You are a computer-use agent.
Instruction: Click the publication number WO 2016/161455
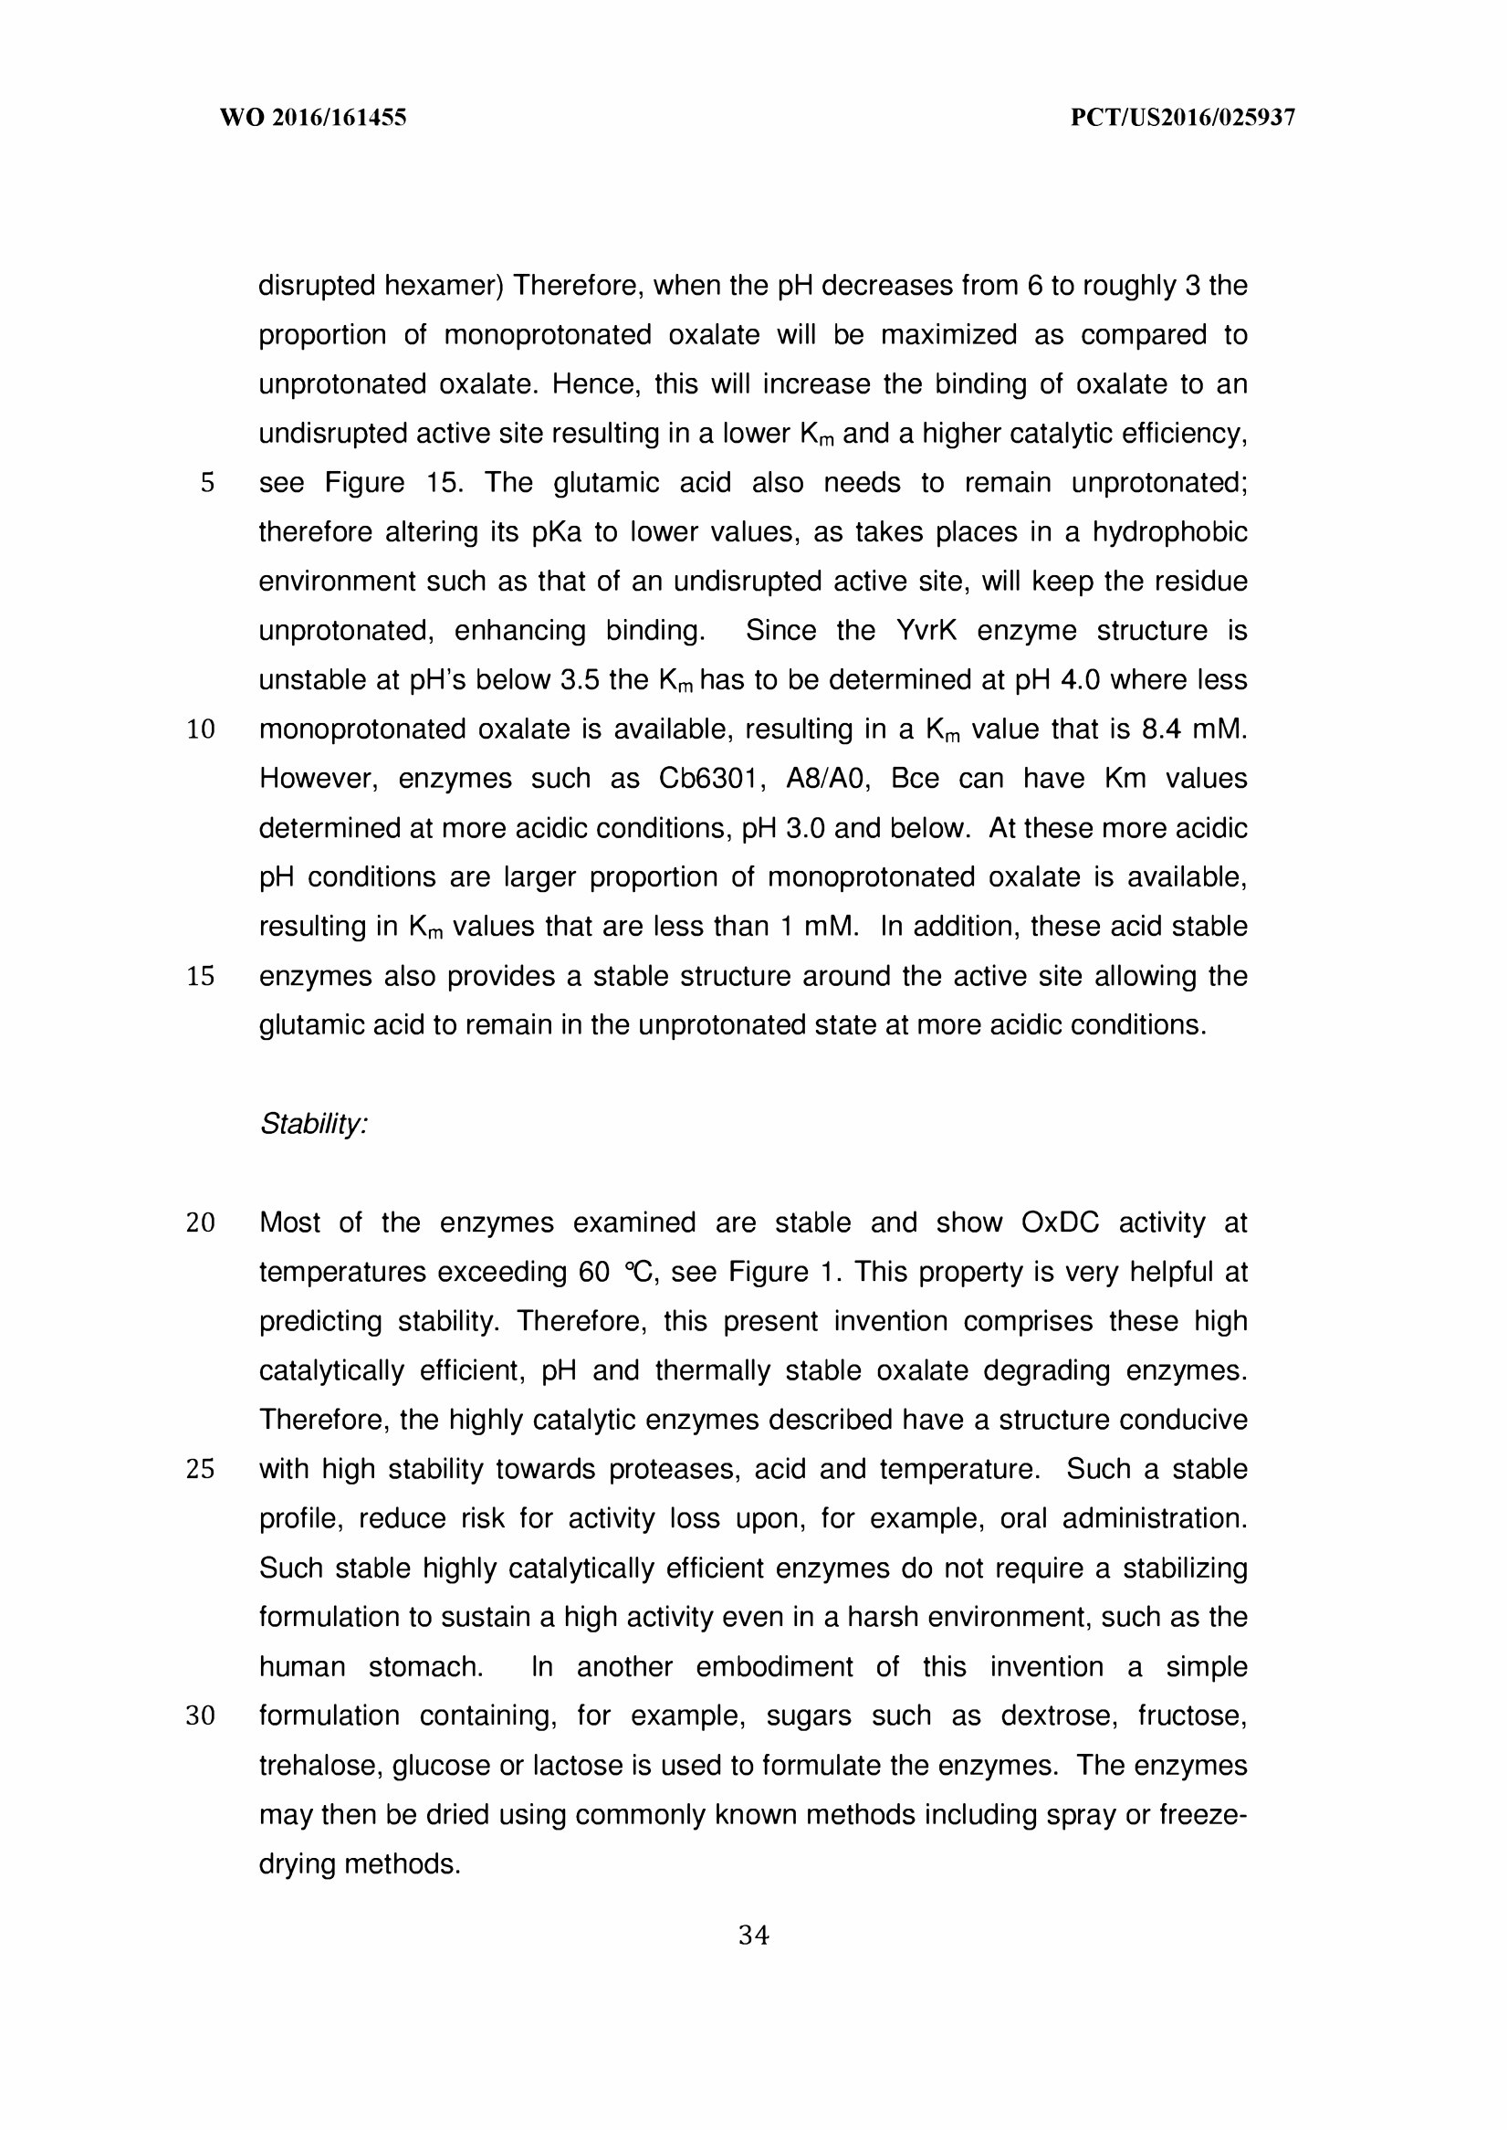313,118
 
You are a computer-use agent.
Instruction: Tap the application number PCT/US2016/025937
1182,118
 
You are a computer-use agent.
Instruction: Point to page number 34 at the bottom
754,1936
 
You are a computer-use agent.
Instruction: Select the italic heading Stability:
314,1124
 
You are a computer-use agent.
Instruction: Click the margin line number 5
207,484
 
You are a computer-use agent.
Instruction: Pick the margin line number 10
201,729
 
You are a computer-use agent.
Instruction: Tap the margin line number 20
201,1223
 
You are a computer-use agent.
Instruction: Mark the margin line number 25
201,1469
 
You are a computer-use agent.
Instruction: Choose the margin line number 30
201,1716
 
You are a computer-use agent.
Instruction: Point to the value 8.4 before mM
1160,729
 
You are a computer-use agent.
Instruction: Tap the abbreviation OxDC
1060,1223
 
